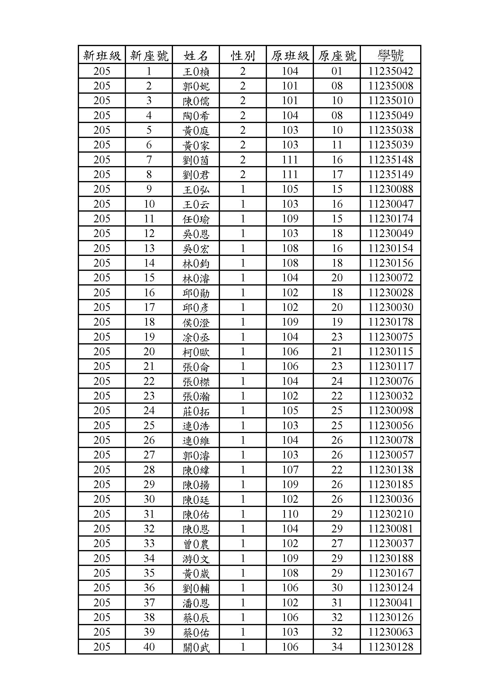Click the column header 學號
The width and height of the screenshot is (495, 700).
tap(391, 55)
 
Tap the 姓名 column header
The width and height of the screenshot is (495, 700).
tap(196, 55)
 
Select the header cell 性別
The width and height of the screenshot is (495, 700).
tap(243, 55)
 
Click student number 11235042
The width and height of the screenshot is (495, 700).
tap(391, 71)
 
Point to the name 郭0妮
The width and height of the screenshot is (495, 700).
tap(196, 86)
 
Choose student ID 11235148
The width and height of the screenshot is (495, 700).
tap(391, 160)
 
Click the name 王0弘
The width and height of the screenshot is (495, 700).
tap(196, 189)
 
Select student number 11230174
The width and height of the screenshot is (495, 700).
tap(391, 218)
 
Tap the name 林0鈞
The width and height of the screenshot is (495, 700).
tap(196, 263)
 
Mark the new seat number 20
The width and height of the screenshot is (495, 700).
tap(149, 352)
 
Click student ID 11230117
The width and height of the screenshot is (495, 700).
tap(391, 366)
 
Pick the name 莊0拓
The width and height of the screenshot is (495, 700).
tap(196, 411)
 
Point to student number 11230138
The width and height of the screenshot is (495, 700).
tap(391, 470)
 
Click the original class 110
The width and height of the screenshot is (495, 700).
tap(290, 514)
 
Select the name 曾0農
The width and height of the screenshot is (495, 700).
tap(196, 543)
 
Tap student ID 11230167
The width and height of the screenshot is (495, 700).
tap(391, 573)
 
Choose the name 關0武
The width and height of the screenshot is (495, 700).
tap(196, 647)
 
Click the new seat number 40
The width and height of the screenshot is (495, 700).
tap(149, 647)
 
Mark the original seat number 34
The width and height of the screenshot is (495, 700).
tap(337, 647)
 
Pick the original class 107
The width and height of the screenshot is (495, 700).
tap(290, 470)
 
